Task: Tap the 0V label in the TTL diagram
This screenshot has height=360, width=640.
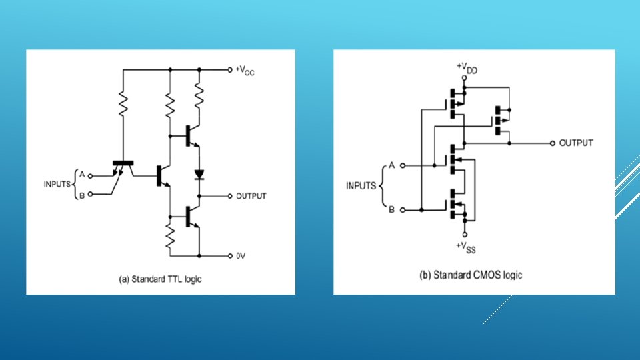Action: pyautogui.click(x=241, y=255)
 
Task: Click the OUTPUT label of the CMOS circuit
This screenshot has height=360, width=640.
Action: pyautogui.click(x=576, y=143)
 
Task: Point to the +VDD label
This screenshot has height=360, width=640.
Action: pyautogui.click(x=467, y=67)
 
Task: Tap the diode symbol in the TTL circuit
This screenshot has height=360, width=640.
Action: pyautogui.click(x=199, y=175)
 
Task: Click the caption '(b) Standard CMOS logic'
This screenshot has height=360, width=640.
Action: pyautogui.click(x=471, y=275)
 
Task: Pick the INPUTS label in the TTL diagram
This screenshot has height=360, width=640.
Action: pyautogui.click(x=59, y=184)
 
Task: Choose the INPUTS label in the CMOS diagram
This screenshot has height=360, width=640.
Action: pyautogui.click(x=362, y=185)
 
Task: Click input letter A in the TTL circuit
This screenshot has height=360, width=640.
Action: pyautogui.click(x=82, y=174)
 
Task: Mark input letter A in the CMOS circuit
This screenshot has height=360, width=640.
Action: pyautogui.click(x=392, y=165)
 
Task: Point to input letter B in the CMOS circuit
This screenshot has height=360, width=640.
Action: pyautogui.click(x=392, y=209)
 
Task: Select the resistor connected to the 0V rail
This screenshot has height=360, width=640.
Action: pyautogui.click(x=170, y=235)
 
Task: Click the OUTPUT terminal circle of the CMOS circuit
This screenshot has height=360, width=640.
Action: pyautogui.click(x=552, y=143)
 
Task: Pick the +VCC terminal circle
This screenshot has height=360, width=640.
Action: pyautogui.click(x=228, y=69)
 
